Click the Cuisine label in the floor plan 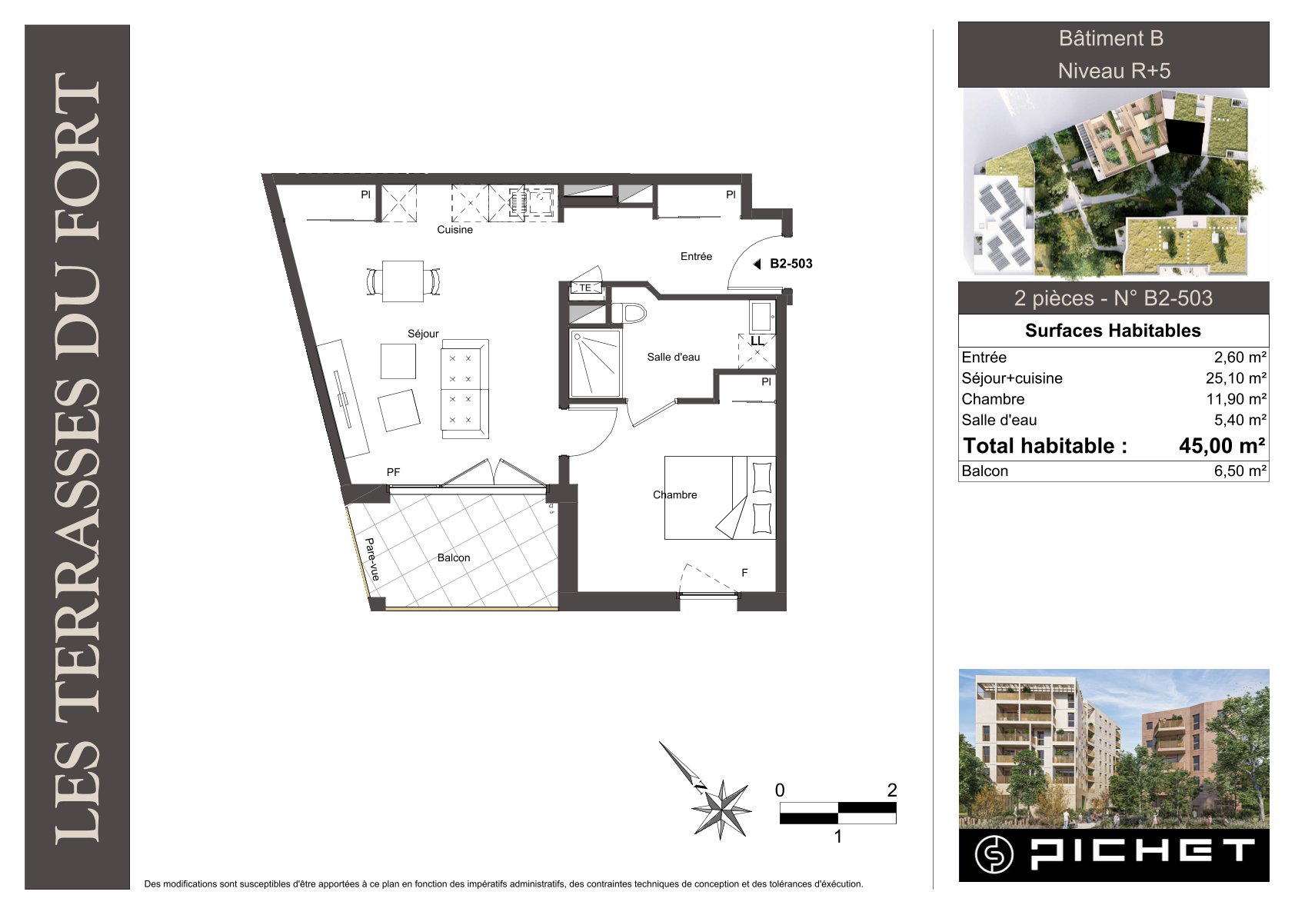pos(454,229)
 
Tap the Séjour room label pos(423,334)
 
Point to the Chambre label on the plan pos(674,494)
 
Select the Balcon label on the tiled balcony pos(453,557)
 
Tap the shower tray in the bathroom pos(595,364)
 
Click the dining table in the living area pos(403,281)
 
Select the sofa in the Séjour pos(464,389)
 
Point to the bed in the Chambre pos(720,498)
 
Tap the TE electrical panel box pos(586,288)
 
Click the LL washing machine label pos(757,341)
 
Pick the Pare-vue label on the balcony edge pos(372,559)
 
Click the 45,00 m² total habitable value pos(1222,446)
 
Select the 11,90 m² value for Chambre pos(1236,399)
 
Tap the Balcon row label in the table pos(984,471)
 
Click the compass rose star pos(721,810)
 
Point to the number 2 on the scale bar pos(892,790)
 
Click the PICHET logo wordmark pos(1144,855)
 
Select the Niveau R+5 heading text pos(1114,71)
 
